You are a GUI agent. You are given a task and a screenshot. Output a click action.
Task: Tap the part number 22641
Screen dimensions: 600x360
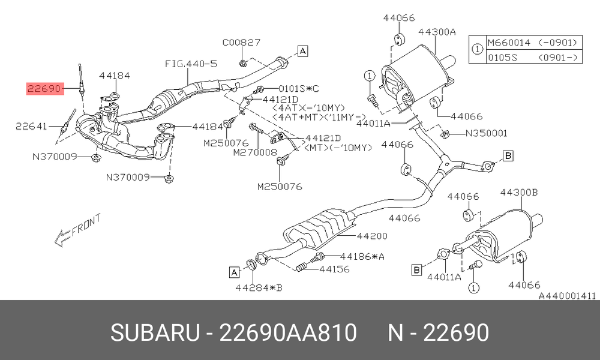pos(31,126)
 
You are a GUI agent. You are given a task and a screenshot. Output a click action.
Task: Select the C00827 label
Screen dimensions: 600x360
pos(241,42)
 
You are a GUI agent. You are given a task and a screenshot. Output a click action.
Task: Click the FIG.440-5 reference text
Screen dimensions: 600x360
pos(191,64)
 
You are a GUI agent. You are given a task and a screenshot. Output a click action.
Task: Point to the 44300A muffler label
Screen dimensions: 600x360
pos(437,32)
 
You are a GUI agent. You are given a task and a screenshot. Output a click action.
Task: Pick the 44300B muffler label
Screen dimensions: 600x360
pos(519,192)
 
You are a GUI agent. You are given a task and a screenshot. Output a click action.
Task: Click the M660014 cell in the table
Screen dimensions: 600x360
pos(509,43)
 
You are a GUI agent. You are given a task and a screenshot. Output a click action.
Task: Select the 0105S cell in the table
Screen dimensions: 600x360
pos(502,58)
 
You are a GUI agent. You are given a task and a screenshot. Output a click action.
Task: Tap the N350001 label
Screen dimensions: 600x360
pos(486,133)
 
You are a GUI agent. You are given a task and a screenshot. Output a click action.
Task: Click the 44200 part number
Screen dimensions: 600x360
pos(372,236)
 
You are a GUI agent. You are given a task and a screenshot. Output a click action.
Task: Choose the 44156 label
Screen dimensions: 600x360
pos(334,269)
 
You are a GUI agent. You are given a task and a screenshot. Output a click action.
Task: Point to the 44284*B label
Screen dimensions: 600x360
pos(259,287)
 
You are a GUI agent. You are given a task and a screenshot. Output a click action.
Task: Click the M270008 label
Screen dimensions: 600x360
pos(255,152)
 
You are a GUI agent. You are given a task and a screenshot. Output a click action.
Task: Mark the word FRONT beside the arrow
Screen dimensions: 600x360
pos(86,224)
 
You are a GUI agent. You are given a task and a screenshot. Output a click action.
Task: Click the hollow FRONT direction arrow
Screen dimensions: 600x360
pos(63,238)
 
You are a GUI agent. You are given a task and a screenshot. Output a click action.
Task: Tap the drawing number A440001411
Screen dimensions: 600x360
pos(568,296)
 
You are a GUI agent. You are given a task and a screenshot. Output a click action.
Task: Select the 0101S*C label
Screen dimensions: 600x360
pos(298,89)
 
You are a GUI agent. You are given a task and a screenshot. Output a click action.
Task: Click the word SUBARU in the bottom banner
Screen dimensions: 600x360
pos(155,332)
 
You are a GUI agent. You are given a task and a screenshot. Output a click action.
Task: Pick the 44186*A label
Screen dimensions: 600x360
pos(362,256)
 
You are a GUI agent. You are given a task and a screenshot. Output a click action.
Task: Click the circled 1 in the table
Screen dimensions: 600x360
pos(477,49)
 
